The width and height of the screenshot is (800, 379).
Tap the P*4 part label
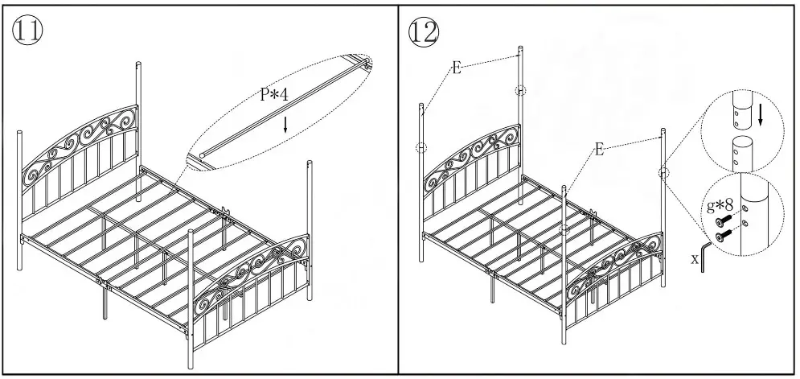[x=273, y=95]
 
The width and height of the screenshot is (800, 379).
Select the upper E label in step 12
[x=456, y=68]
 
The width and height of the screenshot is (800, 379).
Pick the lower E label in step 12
[x=599, y=149]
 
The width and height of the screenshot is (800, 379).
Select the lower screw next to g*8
[x=724, y=235]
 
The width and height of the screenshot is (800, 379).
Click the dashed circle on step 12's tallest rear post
[x=520, y=90]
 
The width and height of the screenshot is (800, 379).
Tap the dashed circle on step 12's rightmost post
[x=663, y=172]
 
